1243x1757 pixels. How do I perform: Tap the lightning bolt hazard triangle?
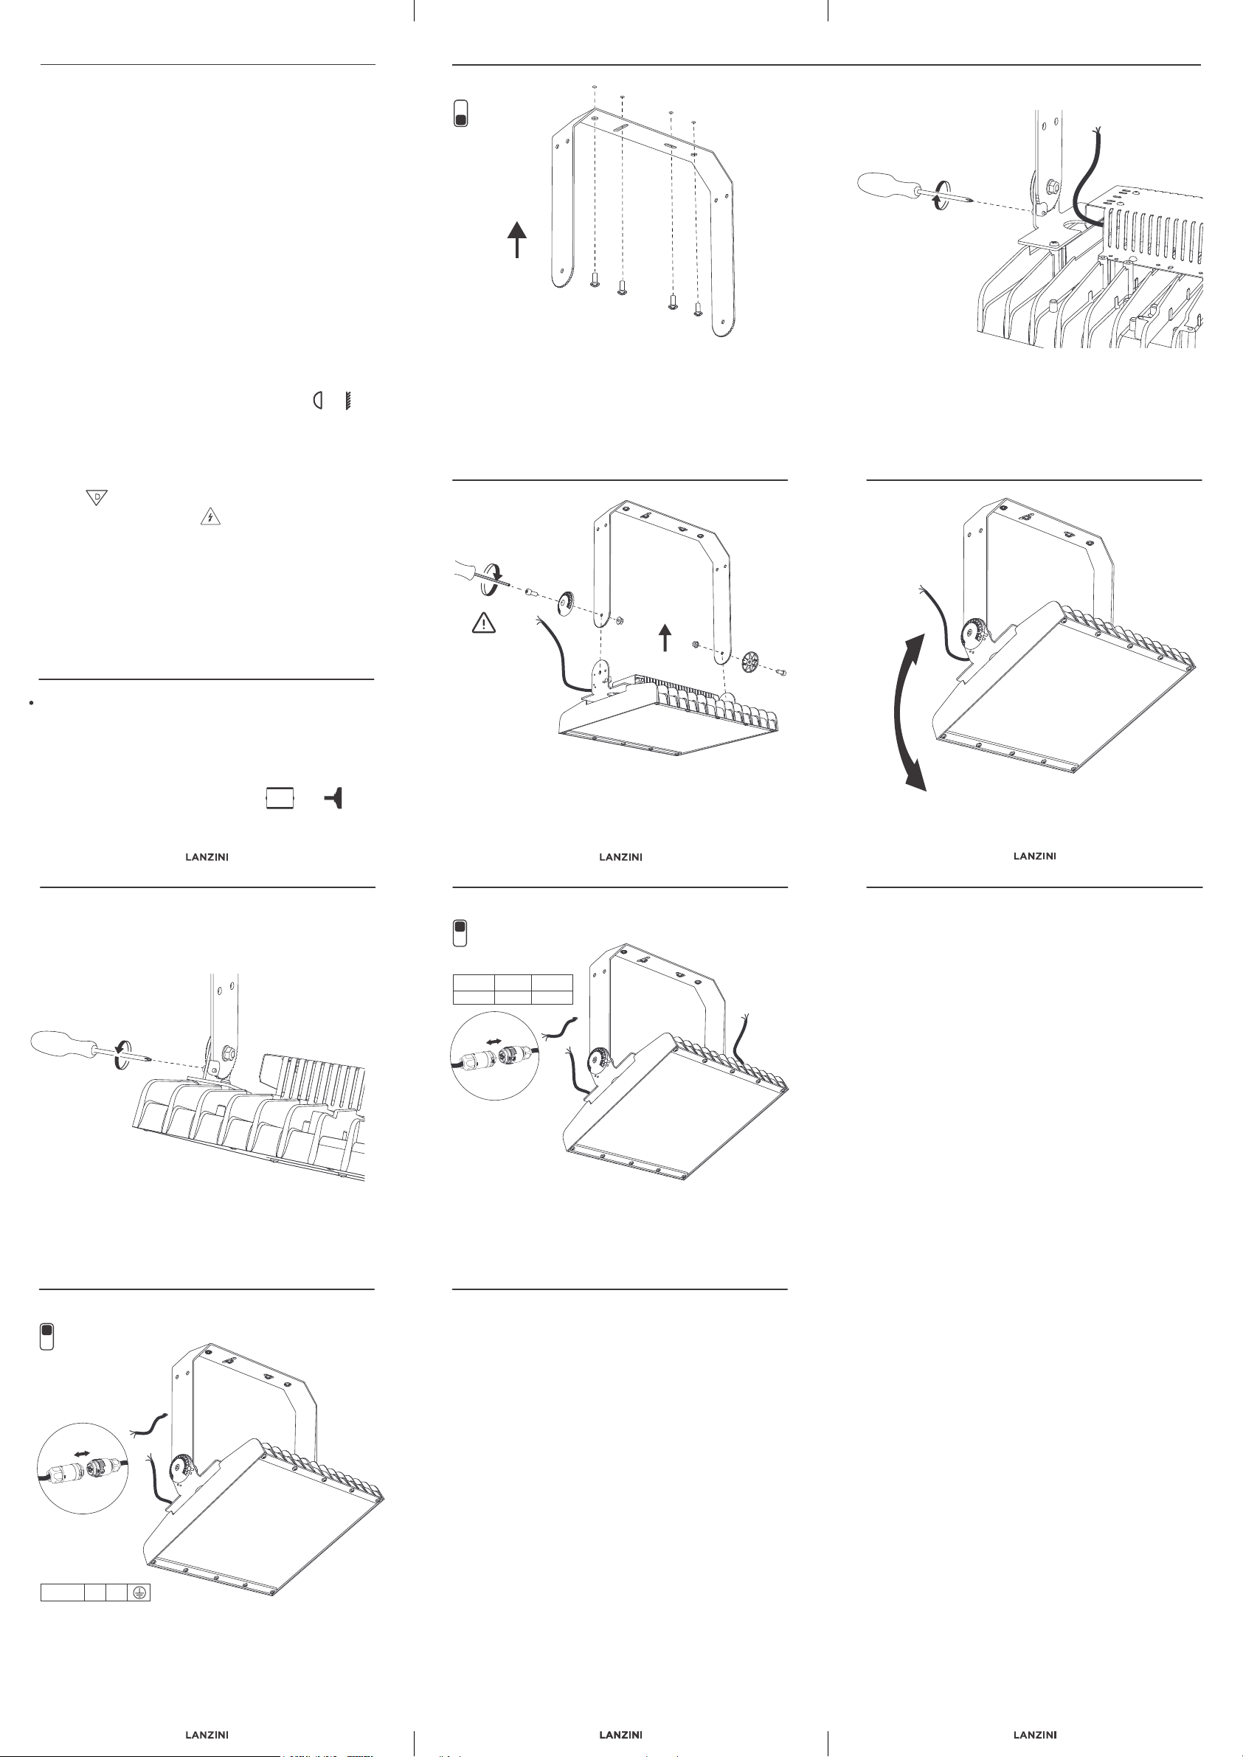pyautogui.click(x=210, y=517)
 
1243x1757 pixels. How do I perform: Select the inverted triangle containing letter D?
pyautogui.click(x=97, y=497)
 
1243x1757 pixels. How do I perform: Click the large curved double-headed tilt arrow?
pyautogui.click(x=911, y=712)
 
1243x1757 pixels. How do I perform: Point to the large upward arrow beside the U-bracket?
pyautogui.click(x=517, y=240)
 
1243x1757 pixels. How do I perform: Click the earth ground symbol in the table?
pyautogui.click(x=139, y=1593)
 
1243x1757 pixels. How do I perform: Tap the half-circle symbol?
pyautogui.click(x=318, y=400)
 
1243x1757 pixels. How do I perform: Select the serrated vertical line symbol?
pyautogui.click(x=347, y=400)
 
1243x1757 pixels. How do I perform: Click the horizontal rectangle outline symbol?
pyautogui.click(x=280, y=798)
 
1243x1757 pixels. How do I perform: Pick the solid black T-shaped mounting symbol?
pyautogui.click(x=334, y=798)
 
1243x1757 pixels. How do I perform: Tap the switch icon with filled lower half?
pyautogui.click(x=461, y=114)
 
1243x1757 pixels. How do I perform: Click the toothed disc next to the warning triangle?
pyautogui.click(x=567, y=602)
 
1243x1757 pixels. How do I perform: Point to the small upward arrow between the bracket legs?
pyautogui.click(x=665, y=637)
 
